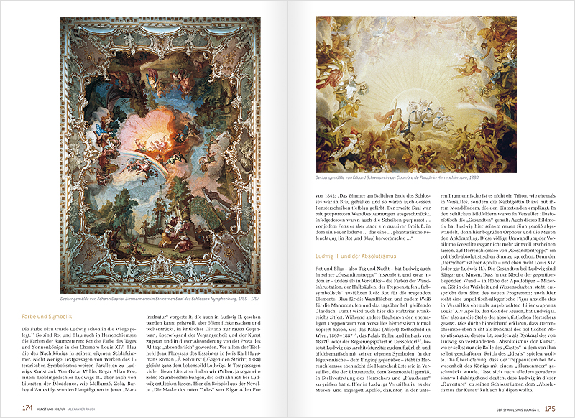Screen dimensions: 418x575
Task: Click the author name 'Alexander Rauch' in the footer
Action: (x=96, y=409)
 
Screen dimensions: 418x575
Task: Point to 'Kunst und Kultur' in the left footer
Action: (x=57, y=409)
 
